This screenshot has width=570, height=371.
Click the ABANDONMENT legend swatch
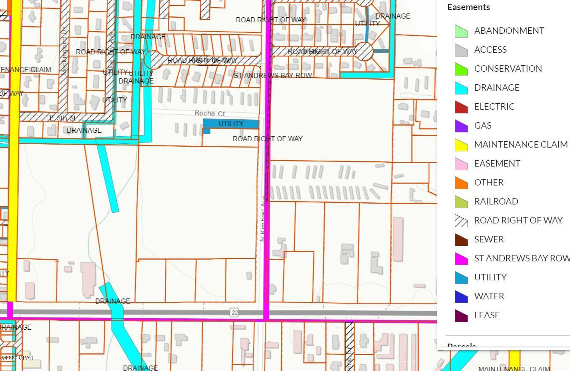click(x=461, y=31)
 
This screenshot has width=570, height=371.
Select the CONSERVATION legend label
click(x=508, y=69)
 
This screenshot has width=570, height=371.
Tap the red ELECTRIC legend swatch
click(x=461, y=107)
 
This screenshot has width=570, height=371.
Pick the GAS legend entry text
click(x=483, y=126)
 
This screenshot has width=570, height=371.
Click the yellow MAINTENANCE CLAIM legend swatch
click(x=461, y=145)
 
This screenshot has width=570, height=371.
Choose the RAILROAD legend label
click(x=496, y=202)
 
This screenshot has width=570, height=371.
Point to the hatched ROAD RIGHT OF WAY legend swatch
click(x=461, y=220)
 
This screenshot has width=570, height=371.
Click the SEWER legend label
click(x=489, y=239)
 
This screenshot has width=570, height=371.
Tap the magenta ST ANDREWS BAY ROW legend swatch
click(x=461, y=258)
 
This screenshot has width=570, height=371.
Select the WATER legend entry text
click(x=489, y=296)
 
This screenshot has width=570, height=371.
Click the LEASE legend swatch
click(x=461, y=315)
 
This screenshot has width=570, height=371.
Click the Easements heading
click(x=468, y=7)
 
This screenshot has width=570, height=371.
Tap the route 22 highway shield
click(x=234, y=312)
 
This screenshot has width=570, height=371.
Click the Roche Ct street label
click(x=210, y=113)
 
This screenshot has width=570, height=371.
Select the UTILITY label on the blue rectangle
click(x=231, y=124)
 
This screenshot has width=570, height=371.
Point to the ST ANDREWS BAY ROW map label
click(x=273, y=75)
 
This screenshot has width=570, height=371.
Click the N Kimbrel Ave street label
click(x=263, y=218)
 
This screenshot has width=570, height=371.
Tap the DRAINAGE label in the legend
click(x=496, y=88)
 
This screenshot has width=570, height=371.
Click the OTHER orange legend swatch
click(x=461, y=183)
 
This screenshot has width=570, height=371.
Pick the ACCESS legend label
click(x=490, y=50)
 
